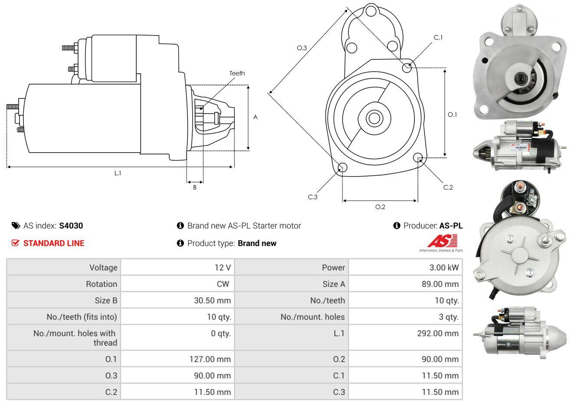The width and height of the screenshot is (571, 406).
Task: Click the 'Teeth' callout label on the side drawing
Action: tap(237, 73)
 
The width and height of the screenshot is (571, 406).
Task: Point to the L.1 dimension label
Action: tap(118, 173)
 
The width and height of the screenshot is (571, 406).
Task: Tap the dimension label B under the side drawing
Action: tap(195, 187)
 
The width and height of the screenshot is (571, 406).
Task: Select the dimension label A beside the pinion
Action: tap(256, 117)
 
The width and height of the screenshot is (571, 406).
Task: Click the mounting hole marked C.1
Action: tap(407, 68)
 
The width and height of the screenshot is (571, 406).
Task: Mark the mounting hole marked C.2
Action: tap(418, 157)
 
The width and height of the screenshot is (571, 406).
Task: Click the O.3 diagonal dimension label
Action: tap(302, 48)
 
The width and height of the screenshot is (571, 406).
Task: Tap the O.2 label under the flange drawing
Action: tap(380, 207)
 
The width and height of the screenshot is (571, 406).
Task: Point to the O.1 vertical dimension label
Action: tap(452, 115)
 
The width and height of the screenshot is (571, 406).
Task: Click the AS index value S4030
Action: tap(71, 226)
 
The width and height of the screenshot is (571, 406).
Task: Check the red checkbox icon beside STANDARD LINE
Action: tap(16, 243)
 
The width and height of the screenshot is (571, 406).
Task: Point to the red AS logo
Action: tap(442, 241)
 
